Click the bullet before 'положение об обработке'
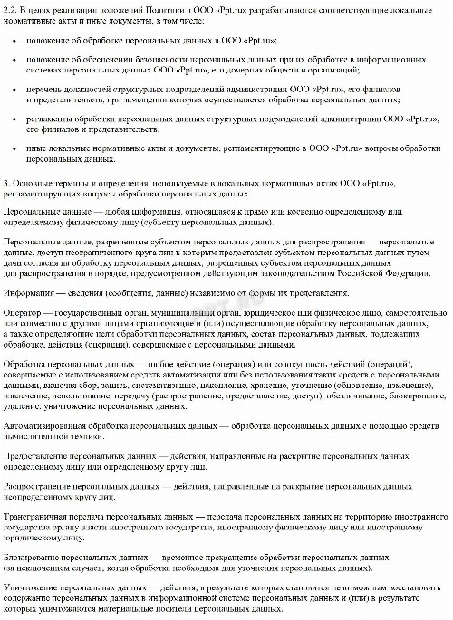[18, 42]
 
